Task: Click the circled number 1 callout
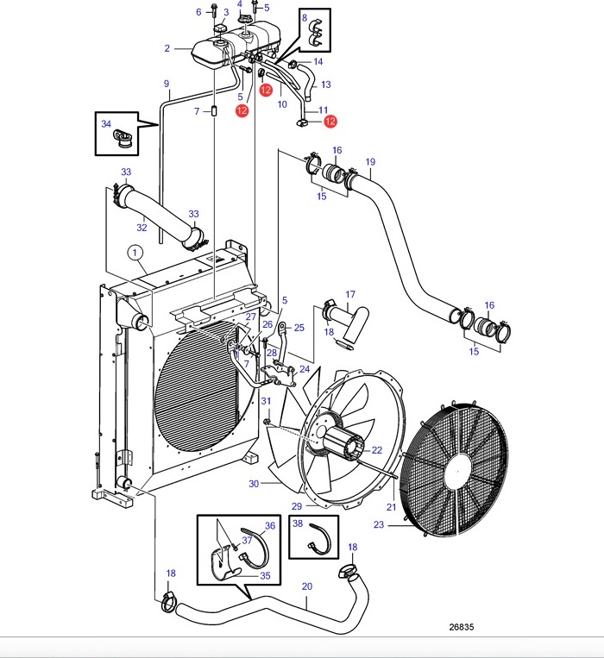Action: coord(135,253)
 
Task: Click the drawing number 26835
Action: coord(462,627)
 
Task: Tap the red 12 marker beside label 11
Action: coord(330,122)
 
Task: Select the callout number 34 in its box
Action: coord(106,123)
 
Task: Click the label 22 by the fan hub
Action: coord(377,450)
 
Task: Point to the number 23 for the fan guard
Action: coord(379,524)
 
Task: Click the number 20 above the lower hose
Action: coord(307,586)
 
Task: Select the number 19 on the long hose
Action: coord(370,161)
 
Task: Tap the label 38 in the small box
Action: coord(298,523)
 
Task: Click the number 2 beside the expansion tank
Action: coord(167,48)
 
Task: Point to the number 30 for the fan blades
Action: coord(254,484)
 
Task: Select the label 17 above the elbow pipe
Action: coord(350,295)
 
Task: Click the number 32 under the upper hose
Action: coord(142,228)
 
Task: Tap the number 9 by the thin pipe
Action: coord(167,84)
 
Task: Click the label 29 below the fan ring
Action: coord(297,506)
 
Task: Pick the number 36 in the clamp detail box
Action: coord(270,525)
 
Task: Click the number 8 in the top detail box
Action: coord(305,17)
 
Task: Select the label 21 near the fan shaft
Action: coord(391,507)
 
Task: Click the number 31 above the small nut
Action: coord(266,401)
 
